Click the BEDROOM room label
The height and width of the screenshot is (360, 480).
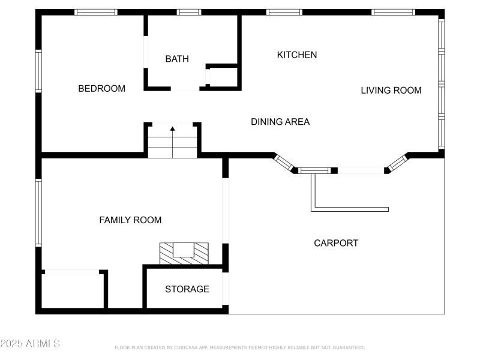(102, 89)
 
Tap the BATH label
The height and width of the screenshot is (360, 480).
(177, 59)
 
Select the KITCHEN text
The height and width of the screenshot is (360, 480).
(296, 55)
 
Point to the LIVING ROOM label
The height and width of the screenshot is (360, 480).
(391, 91)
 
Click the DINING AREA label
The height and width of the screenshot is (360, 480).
(280, 122)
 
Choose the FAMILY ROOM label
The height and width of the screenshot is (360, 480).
(130, 220)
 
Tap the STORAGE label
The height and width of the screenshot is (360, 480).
(187, 289)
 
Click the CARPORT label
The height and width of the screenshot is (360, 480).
(336, 243)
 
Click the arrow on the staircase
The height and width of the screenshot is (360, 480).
(173, 128)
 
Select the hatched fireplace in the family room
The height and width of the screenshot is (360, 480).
(184, 253)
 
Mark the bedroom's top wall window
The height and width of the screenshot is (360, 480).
(96, 12)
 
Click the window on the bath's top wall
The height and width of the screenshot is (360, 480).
(189, 12)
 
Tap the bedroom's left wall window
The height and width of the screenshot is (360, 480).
(38, 71)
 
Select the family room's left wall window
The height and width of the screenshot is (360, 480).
(38, 213)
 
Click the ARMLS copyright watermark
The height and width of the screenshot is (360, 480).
(30, 344)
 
